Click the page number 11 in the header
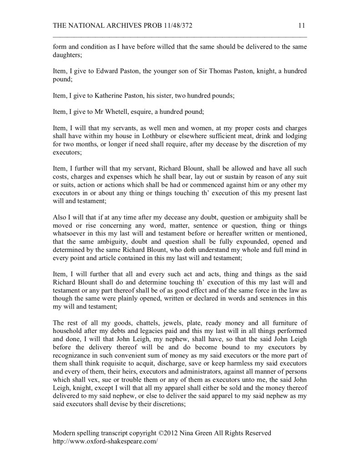click(302, 26)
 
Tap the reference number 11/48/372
click(174, 26)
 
